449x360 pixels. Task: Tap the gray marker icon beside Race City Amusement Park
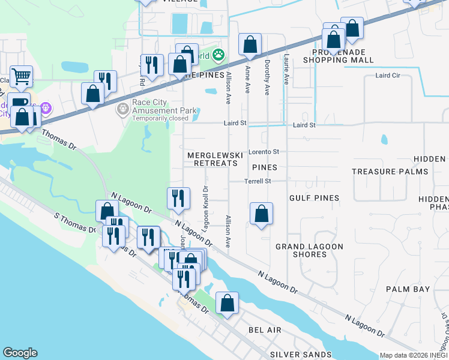tap(122, 109)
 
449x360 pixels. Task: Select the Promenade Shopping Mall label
tap(338, 56)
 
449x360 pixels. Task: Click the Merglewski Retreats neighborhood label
tap(214, 159)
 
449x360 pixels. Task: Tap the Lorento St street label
tap(264, 152)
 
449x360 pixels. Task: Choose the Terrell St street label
tap(258, 181)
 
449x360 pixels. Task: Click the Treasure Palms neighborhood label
tap(390, 172)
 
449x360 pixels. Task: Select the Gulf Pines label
tap(314, 198)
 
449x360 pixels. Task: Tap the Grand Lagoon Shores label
tap(309, 250)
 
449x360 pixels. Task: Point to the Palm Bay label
tap(408, 289)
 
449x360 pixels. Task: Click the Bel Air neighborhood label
tap(265, 331)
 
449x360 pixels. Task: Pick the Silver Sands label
tap(300, 355)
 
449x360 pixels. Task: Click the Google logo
tap(20, 353)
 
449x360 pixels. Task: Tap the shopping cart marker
tap(21, 76)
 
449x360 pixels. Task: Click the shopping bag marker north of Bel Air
tap(227, 303)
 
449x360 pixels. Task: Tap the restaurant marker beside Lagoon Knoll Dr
tap(178, 198)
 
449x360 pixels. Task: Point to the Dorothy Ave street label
tap(267, 71)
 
